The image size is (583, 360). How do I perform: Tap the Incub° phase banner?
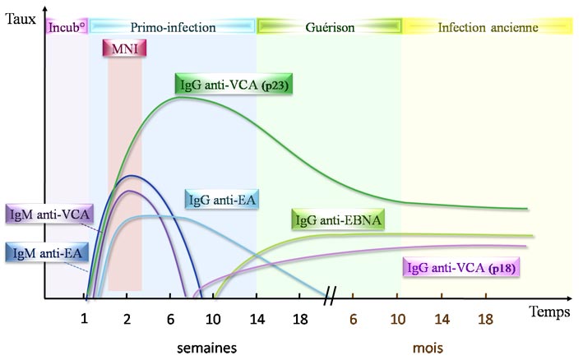pyautogui.click(x=67, y=27)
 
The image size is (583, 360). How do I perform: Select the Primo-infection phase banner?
pyautogui.click(x=173, y=27)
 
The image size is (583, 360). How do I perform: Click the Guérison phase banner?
pyautogui.click(x=329, y=27)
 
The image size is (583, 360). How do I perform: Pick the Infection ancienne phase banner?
pyautogui.click(x=487, y=27)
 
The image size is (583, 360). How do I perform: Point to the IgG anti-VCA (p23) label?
pyautogui.click(x=234, y=84)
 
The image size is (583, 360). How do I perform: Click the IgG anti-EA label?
pyautogui.click(x=220, y=201)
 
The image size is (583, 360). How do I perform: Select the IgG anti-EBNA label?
pyautogui.click(x=339, y=221)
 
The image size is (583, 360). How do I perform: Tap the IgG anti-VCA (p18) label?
pyautogui.click(x=464, y=268)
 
